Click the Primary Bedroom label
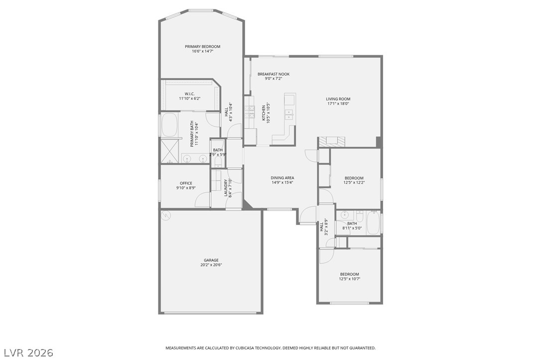point(203,46)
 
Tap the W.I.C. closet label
point(190,94)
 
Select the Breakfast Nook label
point(273,74)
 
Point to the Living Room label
point(338,99)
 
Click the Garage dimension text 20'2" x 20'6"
point(211,265)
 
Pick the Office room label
point(186,183)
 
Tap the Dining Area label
point(282,178)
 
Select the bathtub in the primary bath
point(169,124)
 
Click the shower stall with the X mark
point(168,151)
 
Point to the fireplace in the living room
point(331,141)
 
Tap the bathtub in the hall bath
point(373,223)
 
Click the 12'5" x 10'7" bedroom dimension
point(350,279)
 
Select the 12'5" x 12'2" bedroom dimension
point(354,183)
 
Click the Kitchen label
point(264,113)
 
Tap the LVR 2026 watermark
point(28,353)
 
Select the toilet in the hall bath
point(359,217)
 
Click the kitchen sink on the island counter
point(289,114)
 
